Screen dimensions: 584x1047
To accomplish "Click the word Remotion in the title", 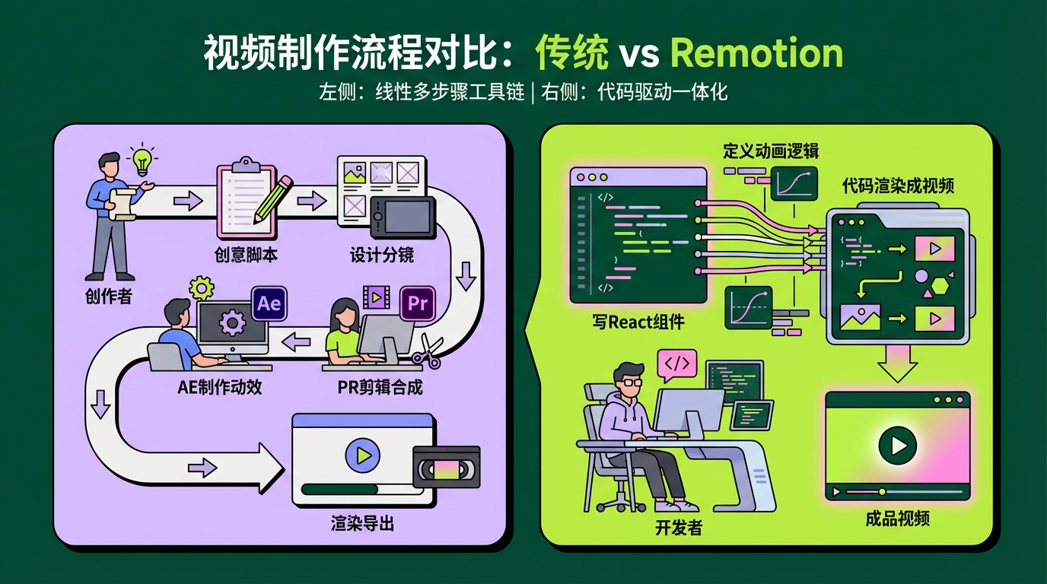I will click(x=756, y=54).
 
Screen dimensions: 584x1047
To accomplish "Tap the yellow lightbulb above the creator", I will click(x=142, y=160).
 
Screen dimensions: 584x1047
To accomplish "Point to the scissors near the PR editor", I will click(x=426, y=354).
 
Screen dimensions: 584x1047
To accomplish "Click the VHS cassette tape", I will click(x=446, y=467).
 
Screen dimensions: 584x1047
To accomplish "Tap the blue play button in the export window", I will click(x=362, y=455).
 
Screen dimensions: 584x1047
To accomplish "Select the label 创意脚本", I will click(x=246, y=255).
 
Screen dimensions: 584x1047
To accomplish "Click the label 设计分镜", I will click(x=382, y=255).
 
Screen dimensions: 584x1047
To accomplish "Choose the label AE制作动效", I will click(x=220, y=386).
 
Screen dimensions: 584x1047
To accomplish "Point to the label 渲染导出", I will click(x=362, y=523).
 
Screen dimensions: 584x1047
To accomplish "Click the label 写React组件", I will click(x=638, y=322).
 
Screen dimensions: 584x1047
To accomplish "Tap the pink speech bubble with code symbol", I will click(x=676, y=364).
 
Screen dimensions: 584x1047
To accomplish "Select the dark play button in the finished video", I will click(x=897, y=445).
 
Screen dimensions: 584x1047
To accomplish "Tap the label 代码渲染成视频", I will click(x=898, y=186).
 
